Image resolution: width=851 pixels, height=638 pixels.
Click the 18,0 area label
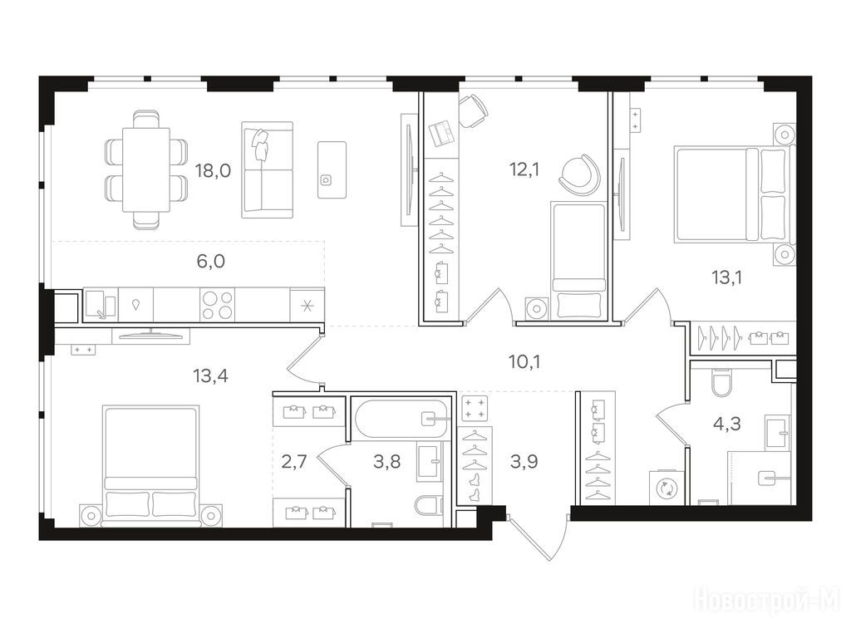(x=214, y=171)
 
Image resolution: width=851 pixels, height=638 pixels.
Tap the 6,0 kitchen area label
(x=210, y=262)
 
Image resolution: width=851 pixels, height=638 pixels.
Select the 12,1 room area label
(x=524, y=169)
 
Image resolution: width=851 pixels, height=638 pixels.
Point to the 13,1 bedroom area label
(x=726, y=277)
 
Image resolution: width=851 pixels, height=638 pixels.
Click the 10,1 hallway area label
(x=524, y=362)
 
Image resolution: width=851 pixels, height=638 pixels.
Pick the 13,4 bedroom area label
(x=210, y=375)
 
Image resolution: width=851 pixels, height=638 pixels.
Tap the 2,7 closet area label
(x=294, y=462)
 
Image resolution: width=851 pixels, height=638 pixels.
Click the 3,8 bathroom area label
(x=387, y=462)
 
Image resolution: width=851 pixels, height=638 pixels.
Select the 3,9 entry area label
(x=524, y=462)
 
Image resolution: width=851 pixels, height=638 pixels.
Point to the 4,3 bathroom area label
(x=726, y=423)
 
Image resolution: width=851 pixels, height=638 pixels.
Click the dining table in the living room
(x=146, y=169)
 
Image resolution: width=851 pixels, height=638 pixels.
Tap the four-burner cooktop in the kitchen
(x=218, y=304)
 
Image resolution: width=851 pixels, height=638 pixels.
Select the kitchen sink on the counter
(x=100, y=304)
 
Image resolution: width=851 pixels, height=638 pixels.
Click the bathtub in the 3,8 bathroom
(x=401, y=419)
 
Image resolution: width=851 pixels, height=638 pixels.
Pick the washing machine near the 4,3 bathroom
(x=665, y=487)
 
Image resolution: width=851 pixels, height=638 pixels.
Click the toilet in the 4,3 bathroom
(x=721, y=382)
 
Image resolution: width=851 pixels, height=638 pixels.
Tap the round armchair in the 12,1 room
(x=579, y=174)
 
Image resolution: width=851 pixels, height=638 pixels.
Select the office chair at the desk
(x=473, y=110)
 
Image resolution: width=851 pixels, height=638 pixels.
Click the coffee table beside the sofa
(x=332, y=169)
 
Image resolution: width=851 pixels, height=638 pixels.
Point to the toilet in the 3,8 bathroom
(x=430, y=506)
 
